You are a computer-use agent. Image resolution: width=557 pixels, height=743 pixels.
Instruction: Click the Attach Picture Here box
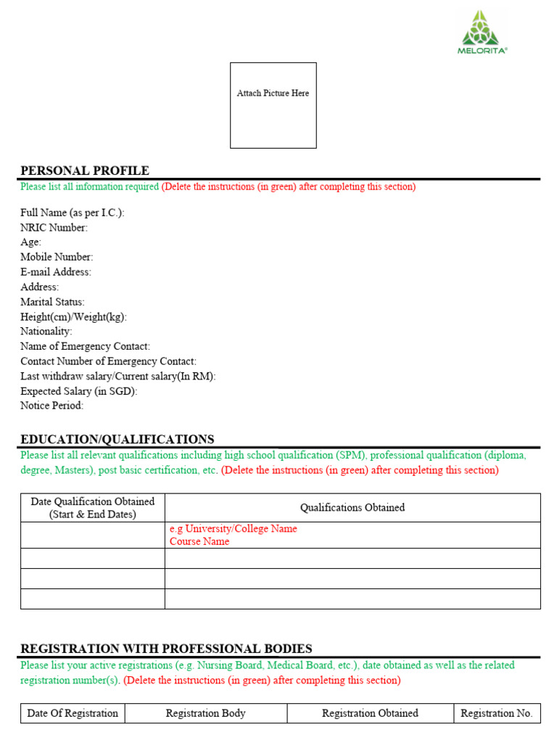point(273,105)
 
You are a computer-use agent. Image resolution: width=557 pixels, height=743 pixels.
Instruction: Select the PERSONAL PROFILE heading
point(85,171)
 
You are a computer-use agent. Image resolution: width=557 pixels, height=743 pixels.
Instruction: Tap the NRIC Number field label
point(54,228)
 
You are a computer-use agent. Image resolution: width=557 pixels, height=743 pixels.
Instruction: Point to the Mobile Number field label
point(57,257)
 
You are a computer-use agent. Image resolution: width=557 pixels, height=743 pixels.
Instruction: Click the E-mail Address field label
point(56,272)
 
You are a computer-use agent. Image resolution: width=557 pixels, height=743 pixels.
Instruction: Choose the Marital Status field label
point(52,302)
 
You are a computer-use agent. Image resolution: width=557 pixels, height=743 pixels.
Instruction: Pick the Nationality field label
point(46,332)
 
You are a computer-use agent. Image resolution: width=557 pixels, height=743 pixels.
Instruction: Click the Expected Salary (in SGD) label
point(79,391)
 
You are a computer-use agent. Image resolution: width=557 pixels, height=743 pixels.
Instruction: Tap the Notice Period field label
point(52,406)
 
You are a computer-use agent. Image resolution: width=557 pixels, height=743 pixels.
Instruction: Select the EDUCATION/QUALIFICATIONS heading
point(117,439)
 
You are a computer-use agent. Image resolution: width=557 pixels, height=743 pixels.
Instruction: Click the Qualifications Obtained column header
point(352,508)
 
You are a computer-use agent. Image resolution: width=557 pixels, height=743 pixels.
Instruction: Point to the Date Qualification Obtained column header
point(93,508)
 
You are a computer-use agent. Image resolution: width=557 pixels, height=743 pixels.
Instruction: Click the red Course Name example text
point(199,541)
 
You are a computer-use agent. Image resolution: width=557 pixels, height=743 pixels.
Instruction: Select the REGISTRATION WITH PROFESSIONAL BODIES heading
point(166,649)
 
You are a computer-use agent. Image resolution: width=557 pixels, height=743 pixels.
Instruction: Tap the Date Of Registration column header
point(73,713)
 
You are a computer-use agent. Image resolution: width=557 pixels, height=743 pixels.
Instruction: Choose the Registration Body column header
point(206,713)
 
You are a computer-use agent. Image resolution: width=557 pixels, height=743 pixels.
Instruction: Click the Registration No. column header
point(497,713)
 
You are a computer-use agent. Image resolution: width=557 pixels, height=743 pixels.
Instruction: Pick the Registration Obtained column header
point(370,713)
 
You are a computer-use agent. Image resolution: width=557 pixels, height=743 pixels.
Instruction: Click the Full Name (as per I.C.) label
point(73,213)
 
